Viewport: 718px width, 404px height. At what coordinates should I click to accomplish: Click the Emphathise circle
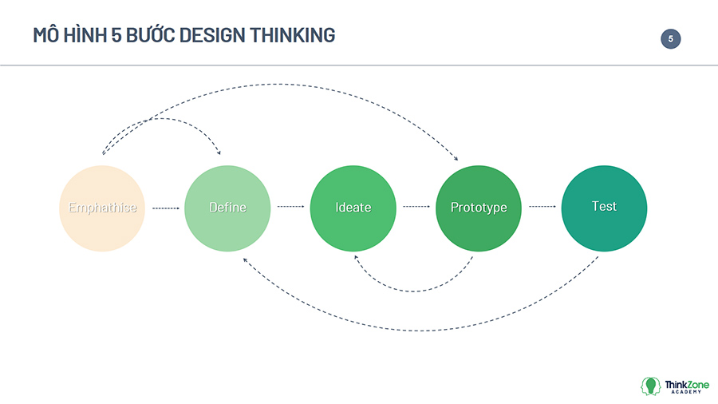pyautogui.click(x=102, y=208)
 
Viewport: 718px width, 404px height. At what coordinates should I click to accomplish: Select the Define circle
pyautogui.click(x=227, y=208)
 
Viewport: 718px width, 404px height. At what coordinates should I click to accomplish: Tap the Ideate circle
pyautogui.click(x=353, y=208)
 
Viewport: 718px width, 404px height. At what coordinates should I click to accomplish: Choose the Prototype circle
pyautogui.click(x=479, y=208)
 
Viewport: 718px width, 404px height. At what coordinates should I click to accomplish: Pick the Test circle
pyautogui.click(x=604, y=208)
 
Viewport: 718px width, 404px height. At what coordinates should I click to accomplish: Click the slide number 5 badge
pyautogui.click(x=670, y=39)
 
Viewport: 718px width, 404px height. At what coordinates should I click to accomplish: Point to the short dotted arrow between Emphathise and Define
pyautogui.click(x=165, y=208)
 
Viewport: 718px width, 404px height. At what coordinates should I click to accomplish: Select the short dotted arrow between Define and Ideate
pyautogui.click(x=290, y=207)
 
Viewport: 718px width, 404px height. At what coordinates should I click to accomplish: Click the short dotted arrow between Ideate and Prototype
pyautogui.click(x=416, y=207)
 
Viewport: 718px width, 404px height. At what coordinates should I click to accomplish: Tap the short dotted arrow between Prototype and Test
pyautogui.click(x=542, y=207)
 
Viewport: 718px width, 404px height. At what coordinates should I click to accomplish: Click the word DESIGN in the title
pyautogui.click(x=212, y=35)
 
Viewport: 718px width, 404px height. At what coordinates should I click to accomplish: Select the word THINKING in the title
pyautogui.click(x=293, y=35)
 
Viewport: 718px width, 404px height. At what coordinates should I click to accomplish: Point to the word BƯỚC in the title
pyautogui.click(x=150, y=34)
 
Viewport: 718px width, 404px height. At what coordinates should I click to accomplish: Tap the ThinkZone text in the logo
pyautogui.click(x=687, y=385)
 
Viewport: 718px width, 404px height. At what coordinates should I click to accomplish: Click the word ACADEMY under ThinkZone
pyautogui.click(x=686, y=392)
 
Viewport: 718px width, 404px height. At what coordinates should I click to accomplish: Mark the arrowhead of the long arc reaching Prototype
pyautogui.click(x=456, y=158)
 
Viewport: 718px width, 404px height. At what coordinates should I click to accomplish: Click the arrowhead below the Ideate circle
pyautogui.click(x=357, y=257)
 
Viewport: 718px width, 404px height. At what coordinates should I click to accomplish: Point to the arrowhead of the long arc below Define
pyautogui.click(x=246, y=260)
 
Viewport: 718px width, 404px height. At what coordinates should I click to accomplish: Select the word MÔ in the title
pyautogui.click(x=45, y=34)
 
